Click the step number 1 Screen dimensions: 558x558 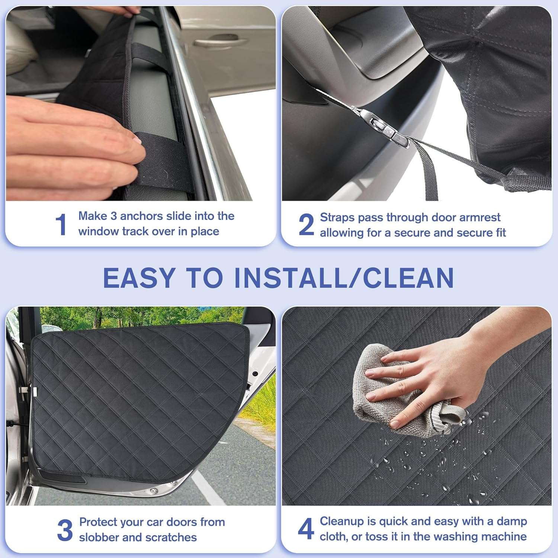[61, 225]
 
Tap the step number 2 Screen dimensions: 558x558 [306, 225]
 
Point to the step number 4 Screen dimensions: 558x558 [306, 529]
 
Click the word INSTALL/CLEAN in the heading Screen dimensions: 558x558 [344, 278]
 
